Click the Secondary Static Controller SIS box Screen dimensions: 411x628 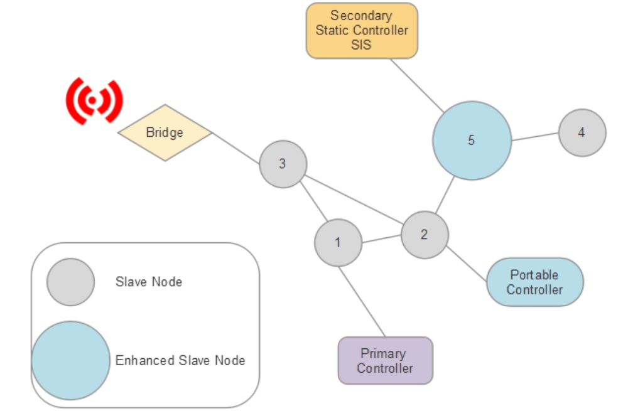point(362,30)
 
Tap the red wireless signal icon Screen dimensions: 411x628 point(94,100)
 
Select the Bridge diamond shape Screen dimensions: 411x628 point(165,132)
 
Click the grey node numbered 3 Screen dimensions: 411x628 point(283,164)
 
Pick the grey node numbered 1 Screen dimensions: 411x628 point(338,242)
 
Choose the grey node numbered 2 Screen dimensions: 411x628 point(425,235)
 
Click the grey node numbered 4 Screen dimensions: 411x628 point(582,133)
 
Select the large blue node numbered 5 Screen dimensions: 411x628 point(472,141)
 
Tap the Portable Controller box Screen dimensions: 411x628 point(534,282)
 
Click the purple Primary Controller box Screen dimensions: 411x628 point(385,361)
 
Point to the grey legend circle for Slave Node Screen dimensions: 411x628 point(70,282)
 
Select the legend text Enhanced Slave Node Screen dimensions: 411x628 point(180,360)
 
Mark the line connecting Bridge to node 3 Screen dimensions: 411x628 point(235,148)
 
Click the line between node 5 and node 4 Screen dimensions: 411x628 point(535,137)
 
